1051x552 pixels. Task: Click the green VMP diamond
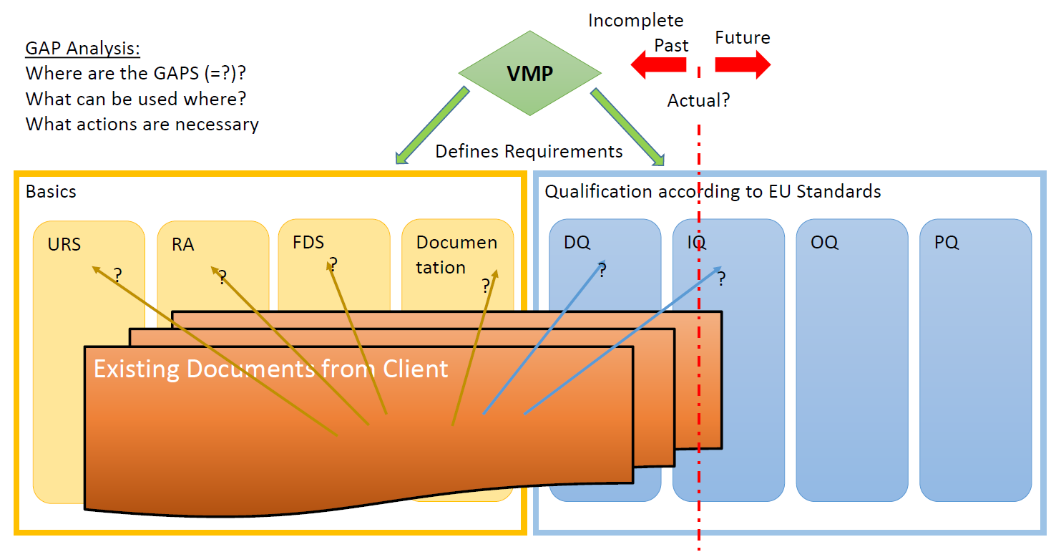(529, 73)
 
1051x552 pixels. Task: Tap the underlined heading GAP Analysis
(82, 49)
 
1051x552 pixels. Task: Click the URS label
(64, 245)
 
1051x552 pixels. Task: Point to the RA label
(183, 245)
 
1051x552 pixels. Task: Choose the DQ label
(577, 243)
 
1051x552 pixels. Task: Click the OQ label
(824, 243)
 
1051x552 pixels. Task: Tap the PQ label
(946, 243)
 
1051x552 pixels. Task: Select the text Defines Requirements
(529, 152)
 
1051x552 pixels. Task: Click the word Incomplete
(635, 21)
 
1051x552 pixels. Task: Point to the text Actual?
(698, 101)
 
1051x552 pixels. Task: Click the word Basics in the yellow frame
(51, 192)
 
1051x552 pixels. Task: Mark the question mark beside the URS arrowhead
(117, 274)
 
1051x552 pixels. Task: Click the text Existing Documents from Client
(270, 369)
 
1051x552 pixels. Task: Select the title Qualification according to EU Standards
(713, 192)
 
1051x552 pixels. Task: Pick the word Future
(743, 38)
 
